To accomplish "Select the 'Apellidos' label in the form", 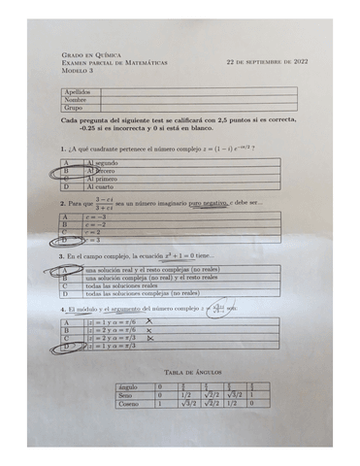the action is (78, 91).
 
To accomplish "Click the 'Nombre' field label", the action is (76, 99).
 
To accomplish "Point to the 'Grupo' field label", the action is (74, 107).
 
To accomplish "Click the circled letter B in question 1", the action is (66, 171).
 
